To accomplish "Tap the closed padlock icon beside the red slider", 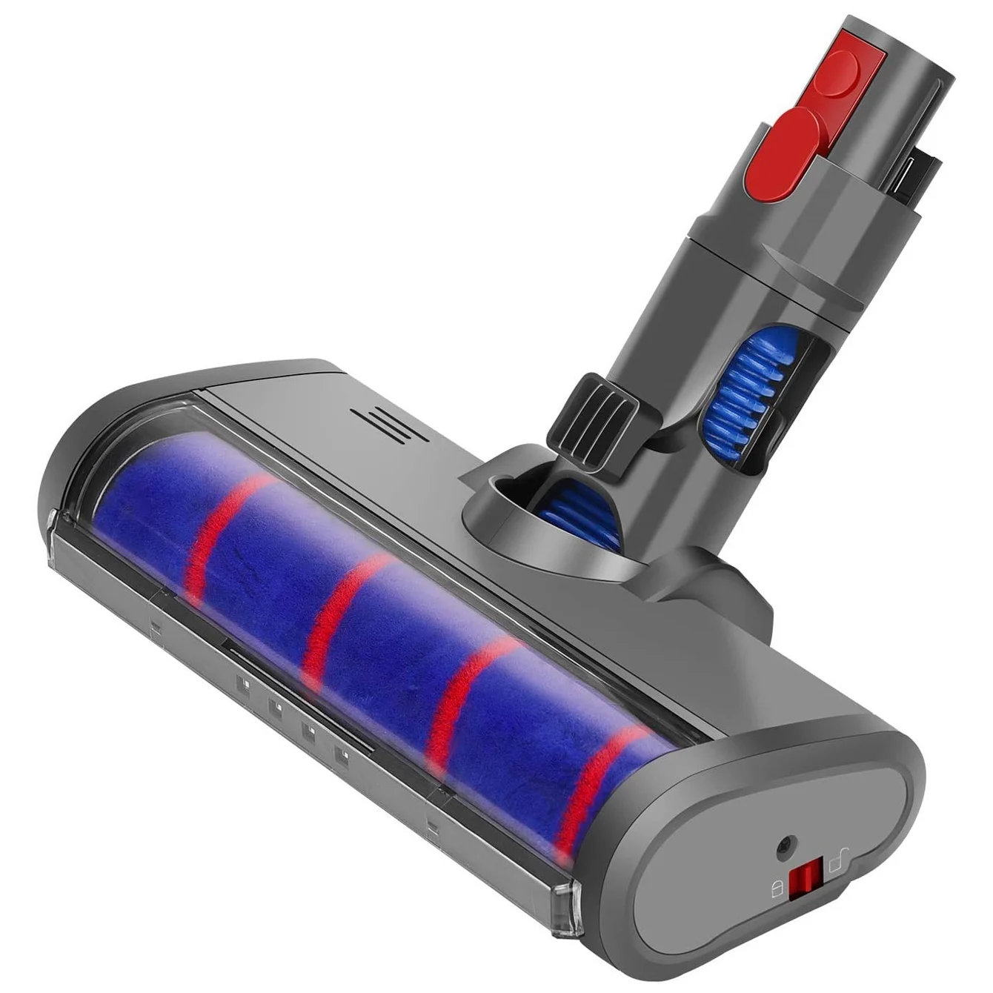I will tap(777, 890).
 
